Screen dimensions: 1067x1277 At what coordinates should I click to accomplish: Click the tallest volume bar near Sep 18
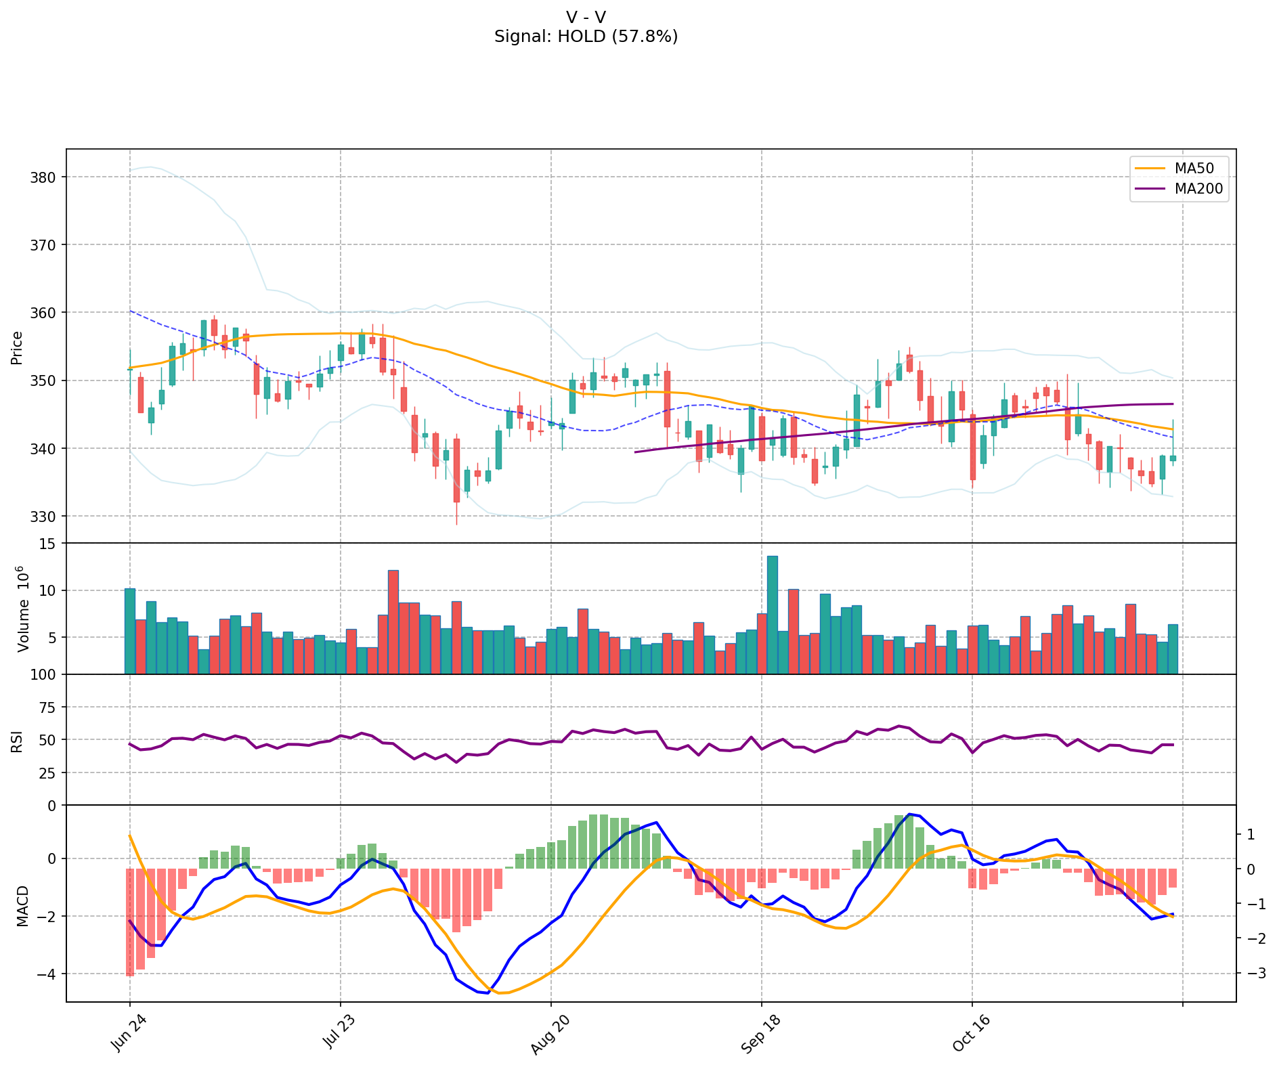click(x=773, y=615)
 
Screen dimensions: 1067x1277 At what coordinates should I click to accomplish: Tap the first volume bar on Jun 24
click(x=130, y=631)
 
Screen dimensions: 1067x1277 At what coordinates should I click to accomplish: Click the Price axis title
click(x=17, y=347)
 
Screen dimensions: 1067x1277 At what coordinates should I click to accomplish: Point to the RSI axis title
click(x=17, y=741)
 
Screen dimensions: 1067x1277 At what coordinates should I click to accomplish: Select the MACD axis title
click(x=22, y=906)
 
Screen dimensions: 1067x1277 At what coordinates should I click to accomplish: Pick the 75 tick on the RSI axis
click(x=49, y=707)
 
